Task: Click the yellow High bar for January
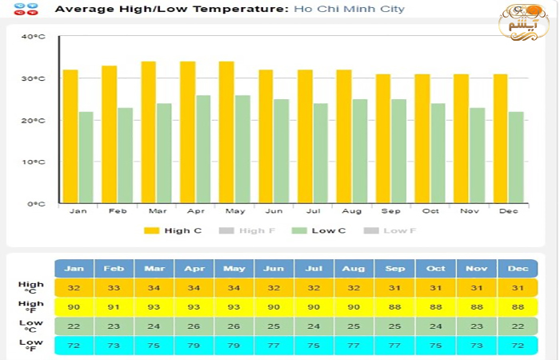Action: click(70, 136)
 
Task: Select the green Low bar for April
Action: click(203, 149)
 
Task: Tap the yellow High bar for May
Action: click(226, 132)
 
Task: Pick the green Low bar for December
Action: click(516, 157)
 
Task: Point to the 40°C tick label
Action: click(34, 37)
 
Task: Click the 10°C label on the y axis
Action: click(34, 162)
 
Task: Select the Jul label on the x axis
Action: click(313, 211)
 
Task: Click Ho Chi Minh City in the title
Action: click(349, 10)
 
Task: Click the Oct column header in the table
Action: click(437, 269)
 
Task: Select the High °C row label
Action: click(31, 288)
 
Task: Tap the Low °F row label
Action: click(31, 346)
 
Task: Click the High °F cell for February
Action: click(114, 307)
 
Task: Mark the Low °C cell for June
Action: click(274, 326)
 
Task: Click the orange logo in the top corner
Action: click(523, 22)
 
